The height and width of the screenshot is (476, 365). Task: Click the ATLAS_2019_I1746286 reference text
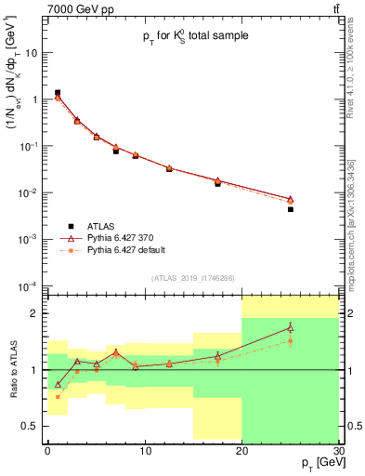point(192,278)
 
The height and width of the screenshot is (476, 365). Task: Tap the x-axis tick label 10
point(144,450)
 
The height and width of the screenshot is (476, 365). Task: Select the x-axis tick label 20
point(241,450)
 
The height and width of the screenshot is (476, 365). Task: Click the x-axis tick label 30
point(338,450)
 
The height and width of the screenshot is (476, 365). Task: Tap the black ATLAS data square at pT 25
point(290,209)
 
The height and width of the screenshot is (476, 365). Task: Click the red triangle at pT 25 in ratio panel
point(290,327)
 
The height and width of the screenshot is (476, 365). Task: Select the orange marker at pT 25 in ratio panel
point(290,341)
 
